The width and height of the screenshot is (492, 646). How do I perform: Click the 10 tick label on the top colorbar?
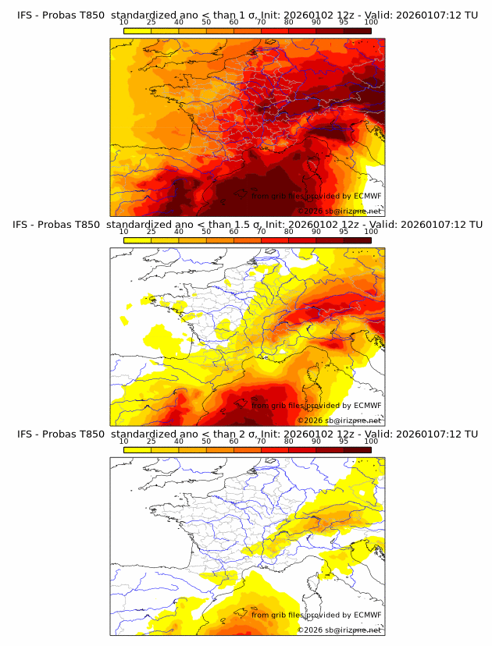tap(123, 22)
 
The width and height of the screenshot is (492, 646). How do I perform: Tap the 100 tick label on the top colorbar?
tap(371, 22)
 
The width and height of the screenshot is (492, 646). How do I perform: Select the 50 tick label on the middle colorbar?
tap(206, 232)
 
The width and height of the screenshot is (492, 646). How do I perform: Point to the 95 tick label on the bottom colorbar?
tap(344, 442)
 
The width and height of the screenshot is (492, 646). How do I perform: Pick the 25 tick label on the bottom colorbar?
tap(151, 442)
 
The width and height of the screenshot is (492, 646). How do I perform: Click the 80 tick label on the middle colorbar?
tap(288, 232)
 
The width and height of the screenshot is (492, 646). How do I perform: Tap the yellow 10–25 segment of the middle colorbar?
tap(137, 240)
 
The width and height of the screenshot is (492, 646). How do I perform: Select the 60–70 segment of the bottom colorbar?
tap(247, 450)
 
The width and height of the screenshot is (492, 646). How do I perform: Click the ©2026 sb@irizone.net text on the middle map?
tap(339, 421)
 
